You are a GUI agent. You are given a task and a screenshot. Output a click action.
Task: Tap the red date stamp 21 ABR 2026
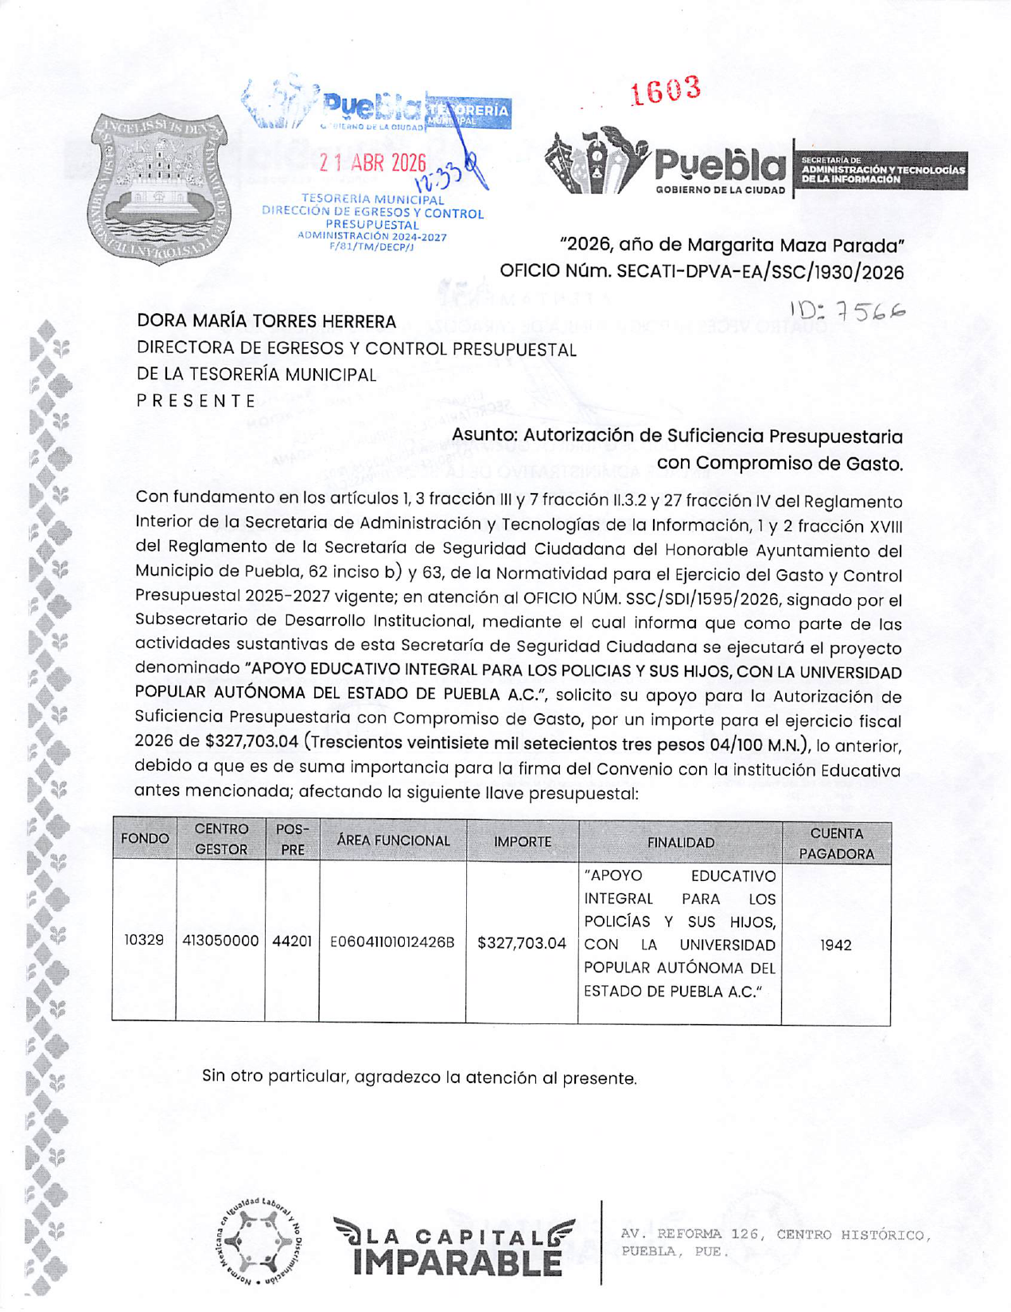coord(372,163)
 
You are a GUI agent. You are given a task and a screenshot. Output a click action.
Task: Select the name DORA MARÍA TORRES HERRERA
coord(266,321)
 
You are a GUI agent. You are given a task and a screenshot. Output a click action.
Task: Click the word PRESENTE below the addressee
coord(196,401)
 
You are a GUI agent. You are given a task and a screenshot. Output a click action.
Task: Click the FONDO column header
coord(144,840)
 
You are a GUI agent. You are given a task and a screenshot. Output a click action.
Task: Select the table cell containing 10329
coord(144,940)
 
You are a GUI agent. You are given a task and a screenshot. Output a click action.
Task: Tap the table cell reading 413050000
coord(220,941)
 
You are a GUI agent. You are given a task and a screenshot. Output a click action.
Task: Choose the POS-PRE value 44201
coord(292,941)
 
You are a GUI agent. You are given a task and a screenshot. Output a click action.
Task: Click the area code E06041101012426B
coord(393,942)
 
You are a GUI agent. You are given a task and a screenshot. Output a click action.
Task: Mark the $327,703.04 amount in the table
coord(522,943)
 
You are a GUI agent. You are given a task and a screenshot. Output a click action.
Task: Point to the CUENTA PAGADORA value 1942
coord(836,945)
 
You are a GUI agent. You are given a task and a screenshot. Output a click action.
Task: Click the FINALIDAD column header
coord(680,842)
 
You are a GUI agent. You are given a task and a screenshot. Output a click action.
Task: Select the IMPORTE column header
coord(522,841)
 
